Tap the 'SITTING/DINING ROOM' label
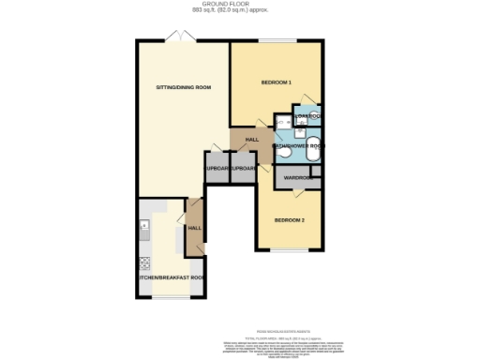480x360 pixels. tap(183, 87)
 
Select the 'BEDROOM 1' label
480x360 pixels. tap(277, 82)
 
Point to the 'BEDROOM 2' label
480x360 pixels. tap(290, 220)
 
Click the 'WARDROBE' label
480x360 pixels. tap(299, 176)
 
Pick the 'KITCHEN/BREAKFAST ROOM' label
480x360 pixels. tap(172, 278)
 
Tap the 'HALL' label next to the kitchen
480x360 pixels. tap(194, 228)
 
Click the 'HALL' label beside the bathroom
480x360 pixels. tap(251, 140)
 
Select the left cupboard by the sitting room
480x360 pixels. tap(217, 169)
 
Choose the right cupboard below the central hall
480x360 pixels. tap(243, 169)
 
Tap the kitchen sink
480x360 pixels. tap(143, 226)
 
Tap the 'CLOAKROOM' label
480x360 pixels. tap(308, 116)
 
